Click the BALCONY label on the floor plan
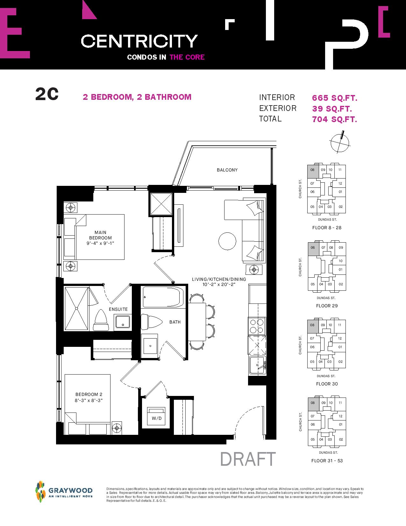pyautogui.click(x=227, y=170)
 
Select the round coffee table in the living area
pyautogui.click(x=227, y=241)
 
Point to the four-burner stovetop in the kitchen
pyautogui.click(x=257, y=326)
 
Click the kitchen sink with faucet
pyautogui.click(x=258, y=365)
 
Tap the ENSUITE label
pyautogui.click(x=118, y=309)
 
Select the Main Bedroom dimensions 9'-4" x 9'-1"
pyautogui.click(x=100, y=243)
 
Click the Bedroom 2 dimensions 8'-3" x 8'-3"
pyautogui.click(x=89, y=400)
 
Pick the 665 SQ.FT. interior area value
pyautogui.click(x=334, y=98)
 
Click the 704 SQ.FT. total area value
pyautogui.click(x=334, y=119)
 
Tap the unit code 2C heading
pyautogui.click(x=47, y=94)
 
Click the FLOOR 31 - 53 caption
pyautogui.click(x=327, y=461)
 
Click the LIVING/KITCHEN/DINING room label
pyautogui.click(x=219, y=279)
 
